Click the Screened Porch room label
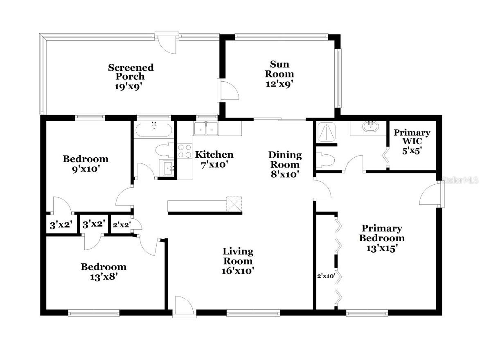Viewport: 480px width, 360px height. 131,77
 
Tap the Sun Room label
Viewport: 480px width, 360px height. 279,74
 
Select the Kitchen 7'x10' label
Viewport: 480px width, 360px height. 214,159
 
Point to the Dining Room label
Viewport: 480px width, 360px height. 285,164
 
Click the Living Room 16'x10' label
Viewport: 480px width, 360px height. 238,261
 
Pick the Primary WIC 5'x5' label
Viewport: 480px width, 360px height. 412,141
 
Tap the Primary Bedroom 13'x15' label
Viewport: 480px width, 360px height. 382,238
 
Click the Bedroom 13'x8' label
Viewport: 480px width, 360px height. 104,272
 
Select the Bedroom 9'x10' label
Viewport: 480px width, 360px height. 86,163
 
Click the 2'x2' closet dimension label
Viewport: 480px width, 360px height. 122,224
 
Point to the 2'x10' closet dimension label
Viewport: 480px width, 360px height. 326,276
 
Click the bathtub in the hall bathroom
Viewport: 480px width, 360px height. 154,130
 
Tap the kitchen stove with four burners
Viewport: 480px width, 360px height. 185,151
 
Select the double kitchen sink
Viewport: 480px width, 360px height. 206,128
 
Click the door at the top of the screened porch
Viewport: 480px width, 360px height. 168,42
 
